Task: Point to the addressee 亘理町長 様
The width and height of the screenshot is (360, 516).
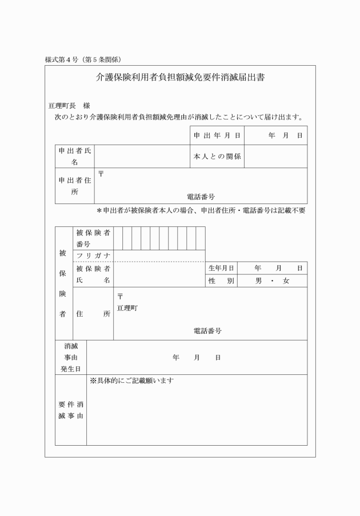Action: (x=69, y=106)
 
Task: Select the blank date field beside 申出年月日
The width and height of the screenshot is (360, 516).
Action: (x=275, y=135)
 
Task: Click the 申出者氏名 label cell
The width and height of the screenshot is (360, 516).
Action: (x=75, y=156)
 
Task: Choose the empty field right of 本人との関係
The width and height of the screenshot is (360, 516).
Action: (x=275, y=156)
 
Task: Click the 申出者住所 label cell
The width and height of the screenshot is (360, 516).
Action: (x=75, y=186)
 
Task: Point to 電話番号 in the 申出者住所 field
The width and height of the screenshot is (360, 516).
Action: (x=201, y=197)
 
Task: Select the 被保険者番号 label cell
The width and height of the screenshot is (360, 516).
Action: (x=93, y=238)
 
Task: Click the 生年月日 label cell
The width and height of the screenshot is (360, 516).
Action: (x=221, y=268)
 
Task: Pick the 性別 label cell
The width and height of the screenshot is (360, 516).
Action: (x=221, y=281)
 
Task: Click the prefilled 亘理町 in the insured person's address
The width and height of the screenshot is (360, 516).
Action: (x=127, y=308)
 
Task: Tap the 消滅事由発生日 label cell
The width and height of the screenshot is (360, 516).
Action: (x=71, y=358)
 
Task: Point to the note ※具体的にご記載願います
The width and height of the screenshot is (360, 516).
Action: (x=131, y=381)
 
